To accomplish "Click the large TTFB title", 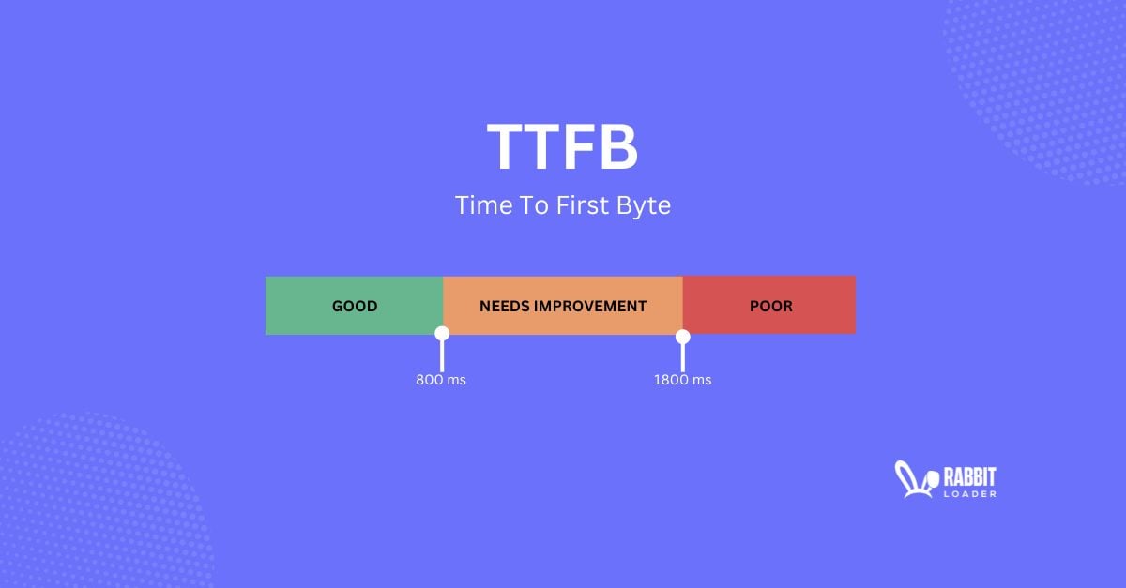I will coord(562,147).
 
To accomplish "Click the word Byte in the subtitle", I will coord(645,205).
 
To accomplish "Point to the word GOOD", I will coord(355,306).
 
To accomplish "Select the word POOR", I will coord(770,306).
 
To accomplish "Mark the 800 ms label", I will coord(441,380).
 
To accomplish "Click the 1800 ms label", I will coord(682,380).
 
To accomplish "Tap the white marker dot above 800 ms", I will coord(442,333).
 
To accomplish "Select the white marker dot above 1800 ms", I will coord(683,336).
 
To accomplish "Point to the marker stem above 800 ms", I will coord(442,355).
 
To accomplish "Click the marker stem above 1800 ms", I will coord(683,356).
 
